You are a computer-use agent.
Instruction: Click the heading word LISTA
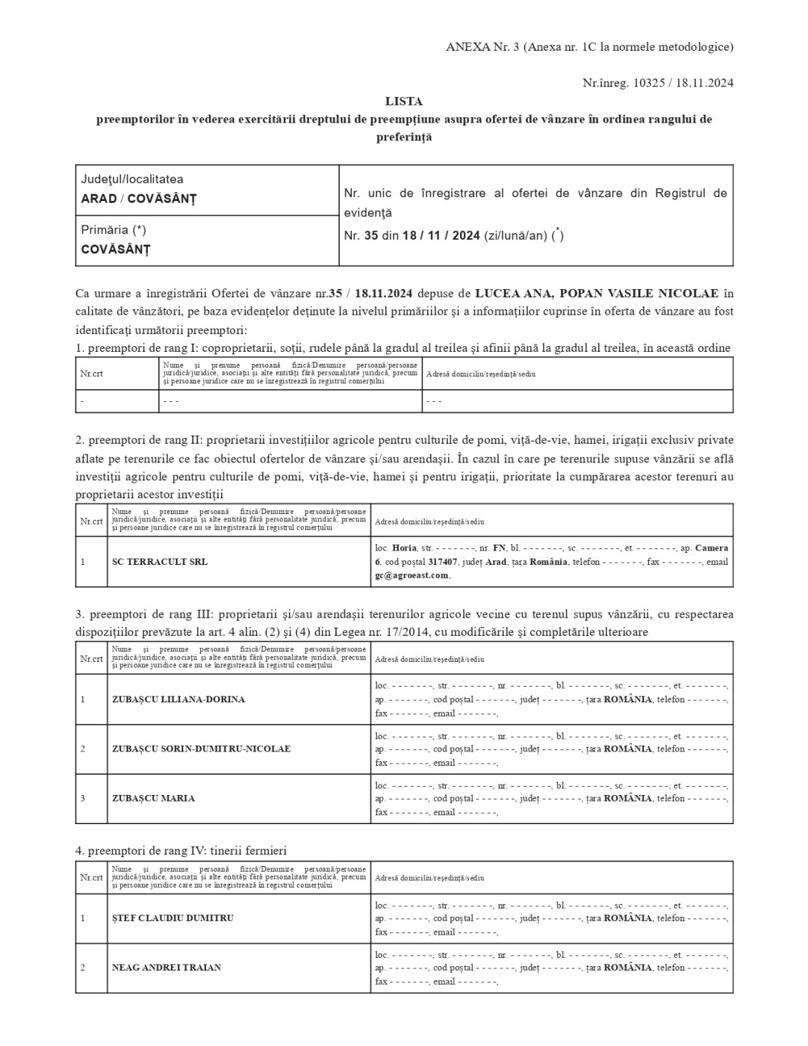pyautogui.click(x=403, y=101)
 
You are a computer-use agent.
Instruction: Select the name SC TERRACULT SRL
pyautogui.click(x=160, y=562)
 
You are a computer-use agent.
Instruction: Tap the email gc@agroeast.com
pyautogui.click(x=411, y=575)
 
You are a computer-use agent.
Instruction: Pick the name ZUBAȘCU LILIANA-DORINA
pyautogui.click(x=178, y=699)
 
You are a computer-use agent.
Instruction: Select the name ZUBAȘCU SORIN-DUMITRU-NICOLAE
pyautogui.click(x=201, y=749)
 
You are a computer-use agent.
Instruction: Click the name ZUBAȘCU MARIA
pyautogui.click(x=153, y=798)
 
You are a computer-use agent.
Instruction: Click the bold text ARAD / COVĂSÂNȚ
pyautogui.click(x=139, y=199)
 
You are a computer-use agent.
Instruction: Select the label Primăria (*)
pyautogui.click(x=114, y=230)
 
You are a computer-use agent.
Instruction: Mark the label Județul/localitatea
pyautogui.click(x=132, y=179)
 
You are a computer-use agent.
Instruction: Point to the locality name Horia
pyautogui.click(x=404, y=548)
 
